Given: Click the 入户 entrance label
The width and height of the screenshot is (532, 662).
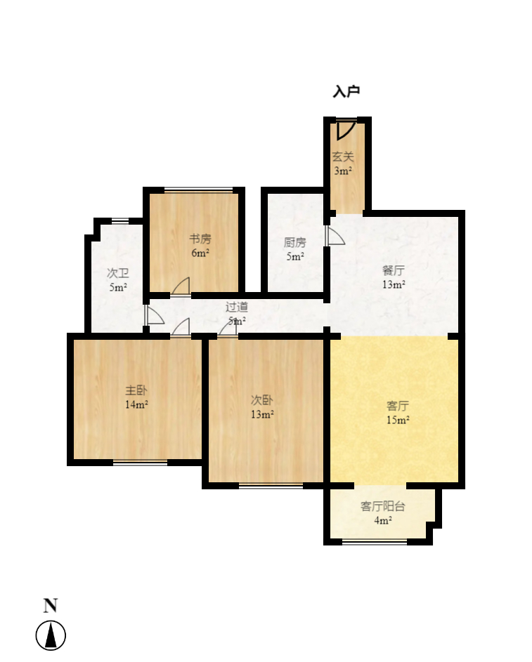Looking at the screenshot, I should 346,91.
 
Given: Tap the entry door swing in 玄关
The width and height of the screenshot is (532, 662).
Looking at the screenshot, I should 344,130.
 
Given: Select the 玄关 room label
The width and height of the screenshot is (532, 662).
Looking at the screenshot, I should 343,157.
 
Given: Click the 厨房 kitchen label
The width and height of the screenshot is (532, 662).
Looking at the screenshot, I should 295,243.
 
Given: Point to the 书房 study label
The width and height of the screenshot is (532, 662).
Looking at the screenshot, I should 200,239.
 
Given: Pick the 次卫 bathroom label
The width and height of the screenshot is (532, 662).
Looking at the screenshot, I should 117,273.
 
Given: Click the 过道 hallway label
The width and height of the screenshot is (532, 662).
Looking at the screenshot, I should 237,307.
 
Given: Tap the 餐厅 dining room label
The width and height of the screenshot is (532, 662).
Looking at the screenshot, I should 394,270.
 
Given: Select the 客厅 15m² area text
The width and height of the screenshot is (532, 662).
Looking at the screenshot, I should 398,421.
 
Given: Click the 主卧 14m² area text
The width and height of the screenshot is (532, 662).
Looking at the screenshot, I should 136,404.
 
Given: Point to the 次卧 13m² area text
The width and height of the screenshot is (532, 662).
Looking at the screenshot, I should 262,414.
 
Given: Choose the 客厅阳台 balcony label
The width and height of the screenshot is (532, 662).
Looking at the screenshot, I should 383,506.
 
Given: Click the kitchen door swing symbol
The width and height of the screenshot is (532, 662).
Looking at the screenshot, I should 335,236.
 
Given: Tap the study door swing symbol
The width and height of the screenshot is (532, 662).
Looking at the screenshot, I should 181,287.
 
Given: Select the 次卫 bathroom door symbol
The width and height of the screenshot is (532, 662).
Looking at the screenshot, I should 153,315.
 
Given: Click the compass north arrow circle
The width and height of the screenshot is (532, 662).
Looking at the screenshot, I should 51,636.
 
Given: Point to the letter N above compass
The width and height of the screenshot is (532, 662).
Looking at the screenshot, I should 51,606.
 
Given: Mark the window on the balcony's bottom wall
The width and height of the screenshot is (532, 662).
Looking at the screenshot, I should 375,541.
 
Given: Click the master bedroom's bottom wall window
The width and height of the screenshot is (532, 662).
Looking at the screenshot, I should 141,462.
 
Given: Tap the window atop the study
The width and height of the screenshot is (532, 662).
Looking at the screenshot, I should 198,190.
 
